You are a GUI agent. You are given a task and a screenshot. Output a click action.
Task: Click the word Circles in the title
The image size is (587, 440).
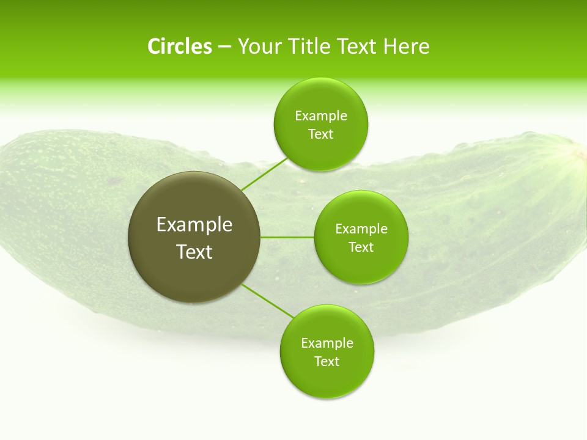click(179, 46)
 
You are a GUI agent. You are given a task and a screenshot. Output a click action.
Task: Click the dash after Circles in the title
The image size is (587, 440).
click(224, 47)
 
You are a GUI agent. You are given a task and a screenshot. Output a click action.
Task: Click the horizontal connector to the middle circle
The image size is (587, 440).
click(287, 237)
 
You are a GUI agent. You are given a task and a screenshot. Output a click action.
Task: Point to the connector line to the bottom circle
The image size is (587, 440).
click(268, 300)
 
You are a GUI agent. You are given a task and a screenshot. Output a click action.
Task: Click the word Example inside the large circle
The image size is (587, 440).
click(194, 225)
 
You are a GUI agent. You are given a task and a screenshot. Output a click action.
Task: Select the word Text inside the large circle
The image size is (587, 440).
click(194, 252)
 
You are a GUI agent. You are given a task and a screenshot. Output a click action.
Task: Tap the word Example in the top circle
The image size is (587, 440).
click(321, 116)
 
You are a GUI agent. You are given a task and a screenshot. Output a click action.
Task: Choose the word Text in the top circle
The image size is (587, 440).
click(321, 134)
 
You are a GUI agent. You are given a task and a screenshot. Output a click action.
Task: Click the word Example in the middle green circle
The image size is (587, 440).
click(361, 229)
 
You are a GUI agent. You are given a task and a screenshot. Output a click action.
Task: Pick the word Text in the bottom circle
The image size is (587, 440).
click(327, 362)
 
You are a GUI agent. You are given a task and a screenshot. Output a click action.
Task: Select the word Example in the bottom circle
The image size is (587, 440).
click(327, 343)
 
